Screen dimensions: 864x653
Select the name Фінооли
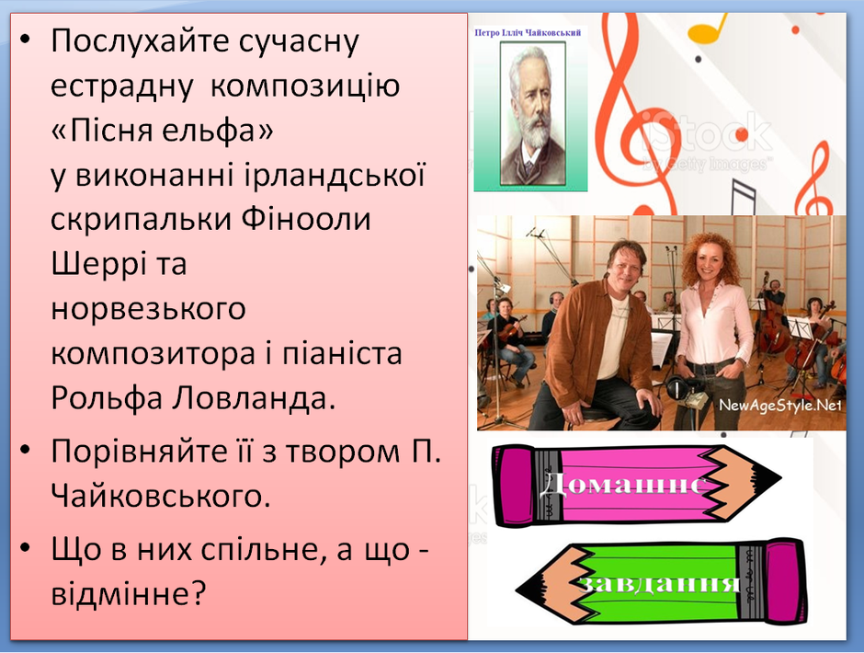[x=306, y=219]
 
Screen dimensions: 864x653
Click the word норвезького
[x=148, y=309]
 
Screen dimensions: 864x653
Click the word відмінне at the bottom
[x=128, y=593]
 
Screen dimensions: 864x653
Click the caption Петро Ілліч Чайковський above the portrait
[x=528, y=33]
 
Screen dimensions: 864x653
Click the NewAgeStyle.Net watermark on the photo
[x=780, y=406]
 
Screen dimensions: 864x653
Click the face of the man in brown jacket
[x=627, y=269]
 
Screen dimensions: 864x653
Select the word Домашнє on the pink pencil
[x=622, y=485]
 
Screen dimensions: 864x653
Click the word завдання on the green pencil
[x=660, y=583]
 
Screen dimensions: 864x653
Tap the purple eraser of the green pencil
[x=785, y=582]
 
